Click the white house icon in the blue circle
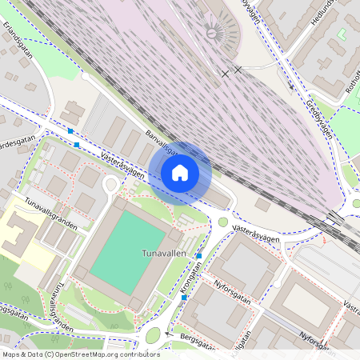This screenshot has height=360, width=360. (180, 172)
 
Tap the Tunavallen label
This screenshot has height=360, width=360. (163, 253)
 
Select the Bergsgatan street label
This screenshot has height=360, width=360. (200, 343)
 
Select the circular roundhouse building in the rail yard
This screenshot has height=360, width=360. (213, 32)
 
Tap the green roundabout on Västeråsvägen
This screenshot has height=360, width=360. (222, 222)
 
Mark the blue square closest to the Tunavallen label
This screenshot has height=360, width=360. (198, 255)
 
